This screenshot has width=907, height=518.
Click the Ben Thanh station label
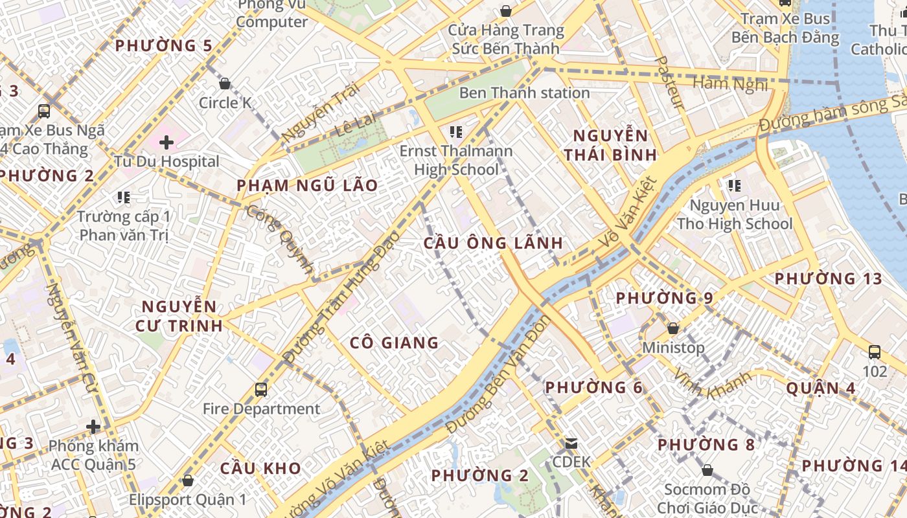(x=524, y=93)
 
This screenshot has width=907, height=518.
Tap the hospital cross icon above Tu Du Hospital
(x=166, y=142)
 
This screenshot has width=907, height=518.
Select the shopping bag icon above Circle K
(x=225, y=84)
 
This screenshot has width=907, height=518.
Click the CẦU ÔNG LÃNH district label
(x=493, y=243)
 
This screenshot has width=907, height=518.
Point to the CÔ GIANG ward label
(x=395, y=343)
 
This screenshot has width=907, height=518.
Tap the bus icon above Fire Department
(x=261, y=389)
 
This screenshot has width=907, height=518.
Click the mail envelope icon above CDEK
(x=571, y=444)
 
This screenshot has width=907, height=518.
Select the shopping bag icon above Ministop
(x=673, y=328)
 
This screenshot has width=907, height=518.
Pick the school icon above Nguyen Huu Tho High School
(x=734, y=186)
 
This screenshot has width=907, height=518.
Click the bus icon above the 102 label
(x=875, y=352)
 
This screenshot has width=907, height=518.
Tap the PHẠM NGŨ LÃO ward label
(x=307, y=185)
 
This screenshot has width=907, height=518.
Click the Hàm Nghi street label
(x=730, y=84)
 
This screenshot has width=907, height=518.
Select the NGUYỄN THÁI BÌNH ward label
(x=610, y=145)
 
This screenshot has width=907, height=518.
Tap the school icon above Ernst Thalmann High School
(x=455, y=132)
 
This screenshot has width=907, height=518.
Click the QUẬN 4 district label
(x=820, y=388)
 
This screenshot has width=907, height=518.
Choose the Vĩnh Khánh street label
(x=713, y=385)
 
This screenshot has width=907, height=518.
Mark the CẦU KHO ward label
(x=260, y=467)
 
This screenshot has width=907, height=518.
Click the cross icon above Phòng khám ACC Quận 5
(x=94, y=427)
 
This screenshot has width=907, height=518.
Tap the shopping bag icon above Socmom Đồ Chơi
(x=707, y=470)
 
